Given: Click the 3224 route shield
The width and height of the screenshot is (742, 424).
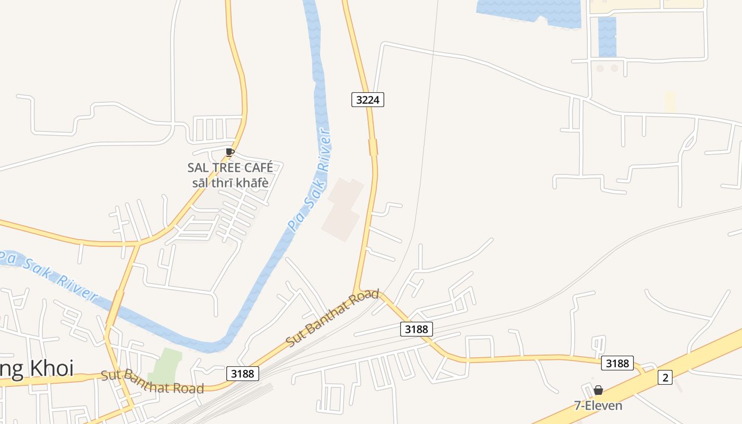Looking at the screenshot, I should click(x=367, y=99).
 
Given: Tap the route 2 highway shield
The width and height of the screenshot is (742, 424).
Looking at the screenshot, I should click(x=665, y=377).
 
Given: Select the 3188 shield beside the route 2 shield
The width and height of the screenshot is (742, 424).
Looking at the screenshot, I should click(x=617, y=363).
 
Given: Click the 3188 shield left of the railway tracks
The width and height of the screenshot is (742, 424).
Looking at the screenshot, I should click(x=243, y=373).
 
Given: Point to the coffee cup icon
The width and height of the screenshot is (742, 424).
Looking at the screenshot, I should click(x=229, y=152).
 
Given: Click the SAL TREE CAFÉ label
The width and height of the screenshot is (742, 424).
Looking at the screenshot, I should click(x=230, y=167).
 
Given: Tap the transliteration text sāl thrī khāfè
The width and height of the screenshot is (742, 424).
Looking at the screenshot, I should click(x=230, y=183).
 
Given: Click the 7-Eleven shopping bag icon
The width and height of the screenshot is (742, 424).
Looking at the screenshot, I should click(x=598, y=390).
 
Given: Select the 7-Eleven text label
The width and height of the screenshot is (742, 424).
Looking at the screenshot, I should click(x=598, y=405).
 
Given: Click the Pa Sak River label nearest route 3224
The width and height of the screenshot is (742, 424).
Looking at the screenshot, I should click(x=310, y=180).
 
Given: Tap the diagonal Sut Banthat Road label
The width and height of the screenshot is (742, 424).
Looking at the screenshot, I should click(x=333, y=318).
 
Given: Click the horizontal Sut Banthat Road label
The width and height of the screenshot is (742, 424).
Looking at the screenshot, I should click(x=152, y=382).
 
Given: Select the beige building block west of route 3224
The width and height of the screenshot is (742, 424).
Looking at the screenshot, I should click(x=343, y=210).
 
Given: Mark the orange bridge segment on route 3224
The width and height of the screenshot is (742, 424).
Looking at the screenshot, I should click(x=373, y=147).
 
